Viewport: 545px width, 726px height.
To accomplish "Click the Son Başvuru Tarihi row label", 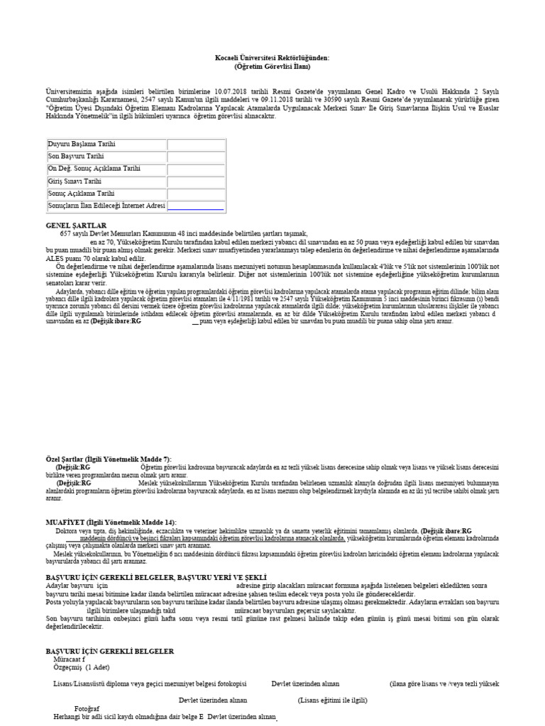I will (x=76, y=157).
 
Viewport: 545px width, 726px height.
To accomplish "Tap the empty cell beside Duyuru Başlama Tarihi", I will (x=196, y=145).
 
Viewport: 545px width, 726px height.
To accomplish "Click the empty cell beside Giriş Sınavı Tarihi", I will (x=196, y=181).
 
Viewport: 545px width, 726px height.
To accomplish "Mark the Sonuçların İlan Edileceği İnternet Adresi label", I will (x=106, y=206).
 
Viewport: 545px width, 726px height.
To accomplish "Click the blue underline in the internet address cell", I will (x=196, y=209).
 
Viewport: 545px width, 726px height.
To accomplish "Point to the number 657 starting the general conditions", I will (x=66, y=233).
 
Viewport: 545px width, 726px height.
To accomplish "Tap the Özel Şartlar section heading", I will (x=109, y=459).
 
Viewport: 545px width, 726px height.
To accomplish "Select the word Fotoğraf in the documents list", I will (x=87, y=708).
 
